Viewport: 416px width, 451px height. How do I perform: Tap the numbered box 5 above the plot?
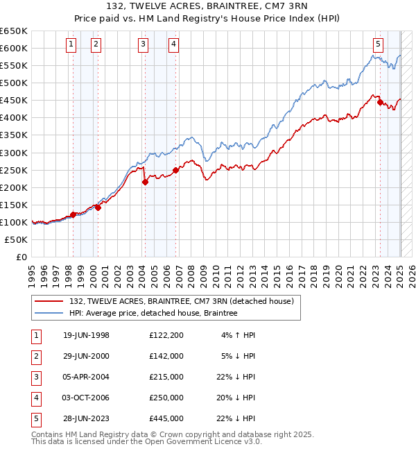coord(378,44)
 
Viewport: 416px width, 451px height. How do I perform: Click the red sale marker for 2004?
coord(145,182)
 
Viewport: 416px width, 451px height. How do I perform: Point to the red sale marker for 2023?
coord(380,102)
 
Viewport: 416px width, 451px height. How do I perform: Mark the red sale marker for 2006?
coord(175,170)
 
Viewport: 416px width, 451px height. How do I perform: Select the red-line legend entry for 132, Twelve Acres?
coord(182,301)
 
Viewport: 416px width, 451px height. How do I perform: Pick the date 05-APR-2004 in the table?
coord(85,377)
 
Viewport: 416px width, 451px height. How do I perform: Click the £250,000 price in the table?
coord(166,398)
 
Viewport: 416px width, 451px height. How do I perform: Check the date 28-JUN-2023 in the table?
coord(86,418)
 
